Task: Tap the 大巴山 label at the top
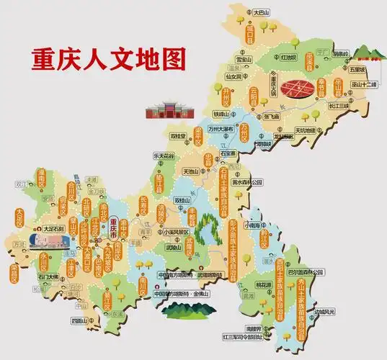click(x=260, y=12)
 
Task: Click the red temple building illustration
click(x=165, y=109)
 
